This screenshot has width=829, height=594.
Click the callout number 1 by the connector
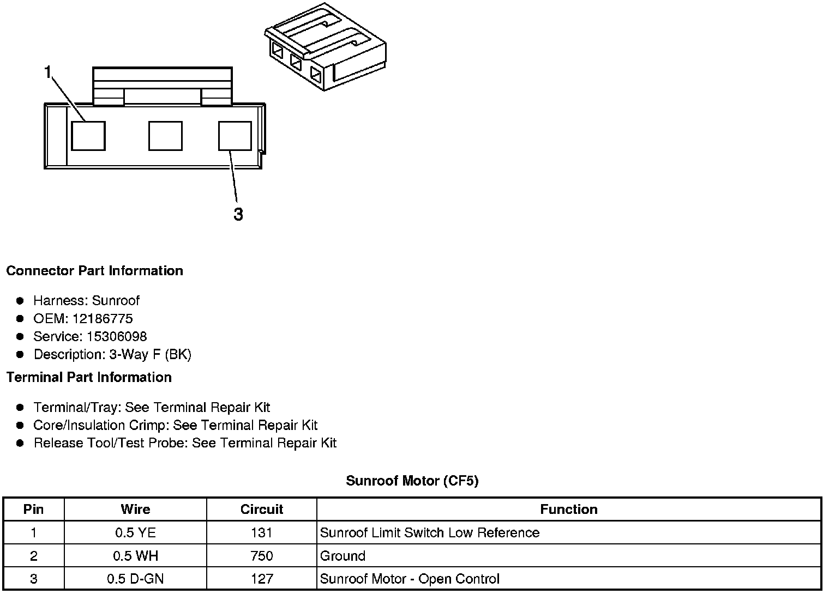pos(48,72)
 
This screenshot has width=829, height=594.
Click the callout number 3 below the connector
pos(238,214)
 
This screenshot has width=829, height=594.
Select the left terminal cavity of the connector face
pos(88,136)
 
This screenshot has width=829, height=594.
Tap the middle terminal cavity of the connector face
pos(165,136)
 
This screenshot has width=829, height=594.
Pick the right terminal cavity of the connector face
pos(235,136)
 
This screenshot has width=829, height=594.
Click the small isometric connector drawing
pos(326,47)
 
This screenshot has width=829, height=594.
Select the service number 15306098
pos(117,337)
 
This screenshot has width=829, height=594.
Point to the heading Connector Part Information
pos(94,271)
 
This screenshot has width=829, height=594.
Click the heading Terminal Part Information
pos(89,377)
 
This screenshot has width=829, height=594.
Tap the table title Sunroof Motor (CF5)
pos(412,481)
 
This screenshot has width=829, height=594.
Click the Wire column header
pos(135,510)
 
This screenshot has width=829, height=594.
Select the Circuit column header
pos(262,510)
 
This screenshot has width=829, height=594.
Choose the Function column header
pos(569,510)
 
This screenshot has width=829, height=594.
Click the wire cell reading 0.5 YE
pos(135,533)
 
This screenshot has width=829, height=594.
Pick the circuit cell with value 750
pos(262,556)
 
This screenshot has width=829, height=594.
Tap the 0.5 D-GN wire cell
pos(135,579)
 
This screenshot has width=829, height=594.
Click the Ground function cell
pos(343,556)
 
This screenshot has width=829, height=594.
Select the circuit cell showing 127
pos(262,579)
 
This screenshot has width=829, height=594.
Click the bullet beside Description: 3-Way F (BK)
pos(20,355)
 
